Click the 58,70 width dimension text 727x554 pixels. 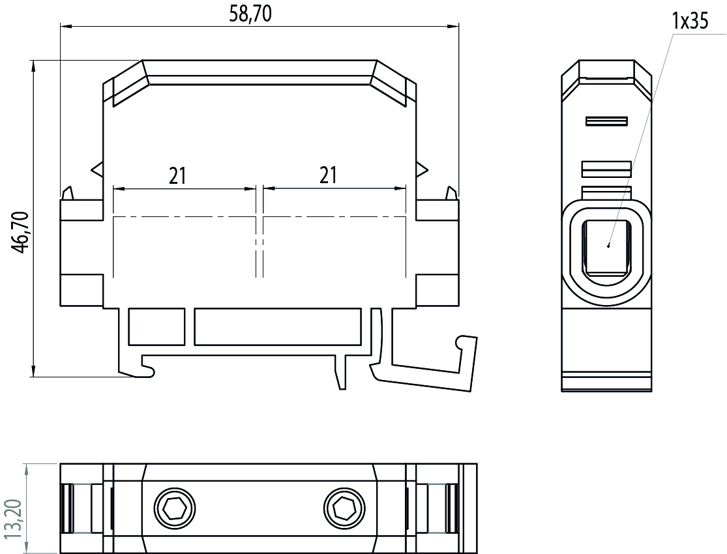[x=250, y=15]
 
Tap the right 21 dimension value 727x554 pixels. [x=328, y=175]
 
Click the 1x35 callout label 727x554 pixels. [x=689, y=22]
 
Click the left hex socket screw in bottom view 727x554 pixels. [x=175, y=505]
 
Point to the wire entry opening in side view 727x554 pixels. [x=606, y=246]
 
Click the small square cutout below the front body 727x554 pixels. [x=156, y=327]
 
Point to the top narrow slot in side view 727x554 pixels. [x=606, y=121]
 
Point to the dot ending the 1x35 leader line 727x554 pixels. [x=608, y=246]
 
